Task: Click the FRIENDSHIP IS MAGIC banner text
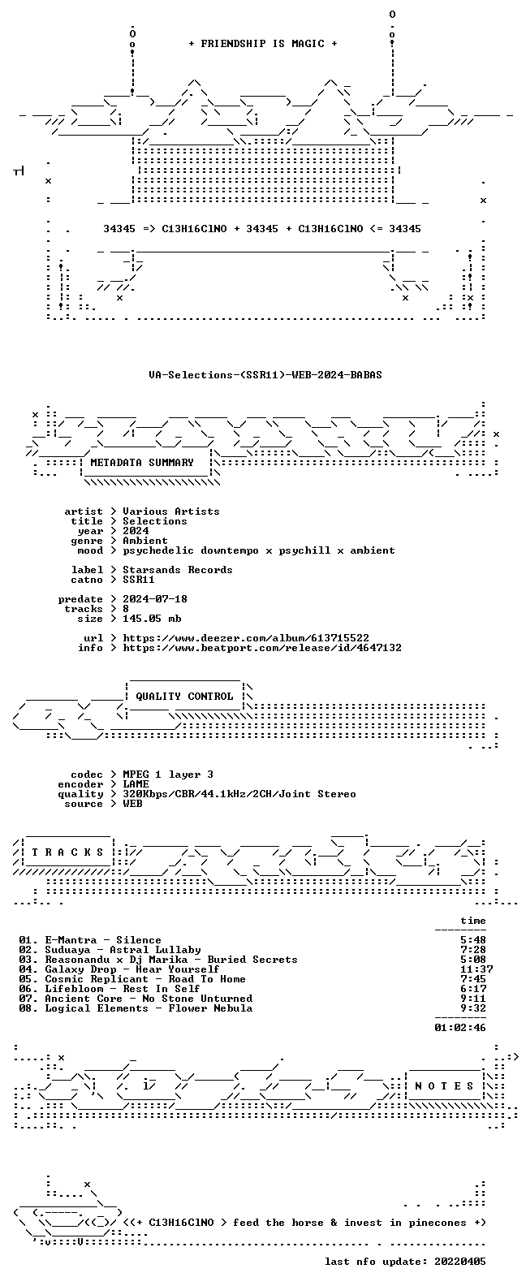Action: [263, 44]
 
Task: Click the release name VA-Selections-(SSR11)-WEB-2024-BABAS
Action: [265, 375]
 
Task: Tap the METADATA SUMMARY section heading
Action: [142, 462]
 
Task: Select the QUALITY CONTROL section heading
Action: [184, 697]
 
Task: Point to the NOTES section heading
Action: [444, 1085]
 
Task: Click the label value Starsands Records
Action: [178, 569]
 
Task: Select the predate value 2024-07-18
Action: [155, 599]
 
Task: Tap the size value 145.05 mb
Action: [152, 619]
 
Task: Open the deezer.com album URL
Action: [246, 638]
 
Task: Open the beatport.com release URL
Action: [262, 648]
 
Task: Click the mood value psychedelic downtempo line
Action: [258, 550]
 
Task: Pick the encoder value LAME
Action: [136, 784]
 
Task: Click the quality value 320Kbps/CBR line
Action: [239, 794]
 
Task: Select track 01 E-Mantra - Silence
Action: [90, 940]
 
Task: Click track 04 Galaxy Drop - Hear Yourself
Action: [119, 969]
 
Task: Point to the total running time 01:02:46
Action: [460, 1028]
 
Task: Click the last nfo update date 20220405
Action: [460, 1262]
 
